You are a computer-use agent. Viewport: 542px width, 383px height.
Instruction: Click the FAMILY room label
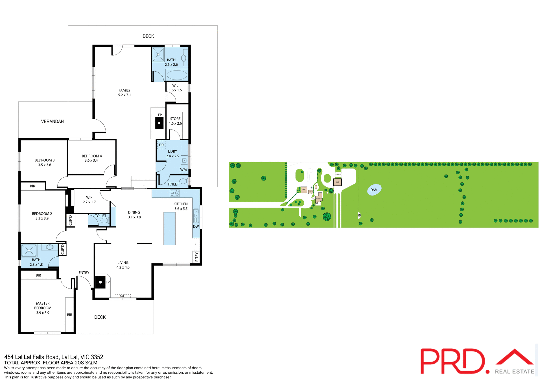(124, 90)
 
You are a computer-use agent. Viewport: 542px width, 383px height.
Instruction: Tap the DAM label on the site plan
(374, 190)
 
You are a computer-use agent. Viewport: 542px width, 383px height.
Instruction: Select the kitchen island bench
(169, 228)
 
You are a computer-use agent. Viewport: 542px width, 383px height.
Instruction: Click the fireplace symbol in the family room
(159, 123)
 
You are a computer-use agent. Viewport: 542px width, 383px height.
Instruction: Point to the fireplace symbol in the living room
(100, 282)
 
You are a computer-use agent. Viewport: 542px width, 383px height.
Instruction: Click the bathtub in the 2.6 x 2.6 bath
(177, 75)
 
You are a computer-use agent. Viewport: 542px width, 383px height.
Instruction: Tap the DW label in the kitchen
(196, 226)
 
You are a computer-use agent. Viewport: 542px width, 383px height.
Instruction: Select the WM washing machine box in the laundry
(183, 170)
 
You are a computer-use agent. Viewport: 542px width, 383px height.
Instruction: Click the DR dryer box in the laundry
(161, 145)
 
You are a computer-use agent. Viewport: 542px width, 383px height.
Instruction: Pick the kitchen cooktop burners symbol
(174, 193)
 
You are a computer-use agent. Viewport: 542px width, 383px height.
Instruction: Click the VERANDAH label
(53, 122)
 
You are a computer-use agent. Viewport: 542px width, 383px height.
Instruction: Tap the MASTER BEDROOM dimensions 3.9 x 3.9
(43, 313)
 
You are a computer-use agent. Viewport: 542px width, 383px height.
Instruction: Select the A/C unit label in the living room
(123, 296)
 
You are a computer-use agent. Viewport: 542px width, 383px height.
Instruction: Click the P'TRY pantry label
(196, 257)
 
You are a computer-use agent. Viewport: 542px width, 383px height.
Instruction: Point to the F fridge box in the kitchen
(195, 245)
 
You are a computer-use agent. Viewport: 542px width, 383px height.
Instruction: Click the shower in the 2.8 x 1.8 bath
(29, 250)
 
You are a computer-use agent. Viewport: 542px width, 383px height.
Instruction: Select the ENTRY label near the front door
(84, 273)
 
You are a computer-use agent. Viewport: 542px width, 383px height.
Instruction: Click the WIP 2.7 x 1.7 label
(89, 200)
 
